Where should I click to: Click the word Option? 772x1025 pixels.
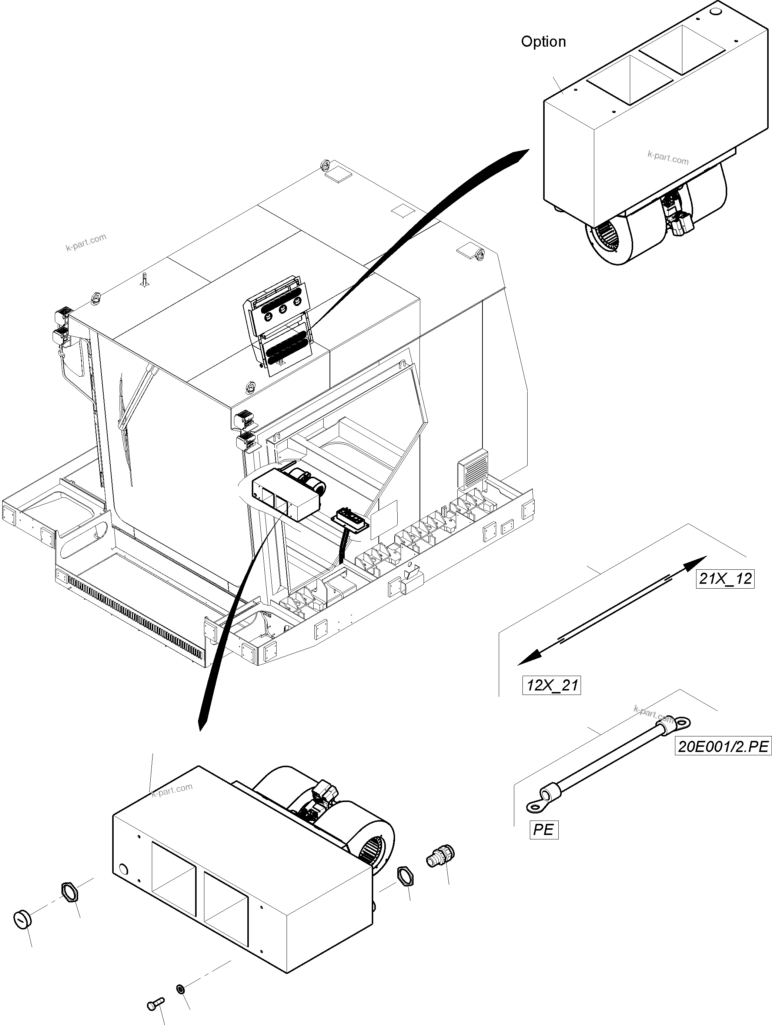[x=543, y=42]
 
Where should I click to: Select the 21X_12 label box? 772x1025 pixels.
[x=725, y=579]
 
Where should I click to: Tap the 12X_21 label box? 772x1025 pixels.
[x=551, y=685]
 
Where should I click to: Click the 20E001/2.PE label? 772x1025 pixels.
[x=723, y=746]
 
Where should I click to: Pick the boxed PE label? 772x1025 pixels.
[x=543, y=829]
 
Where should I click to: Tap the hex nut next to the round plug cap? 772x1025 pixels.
[x=69, y=892]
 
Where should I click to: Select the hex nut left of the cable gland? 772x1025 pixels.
[x=405, y=877]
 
